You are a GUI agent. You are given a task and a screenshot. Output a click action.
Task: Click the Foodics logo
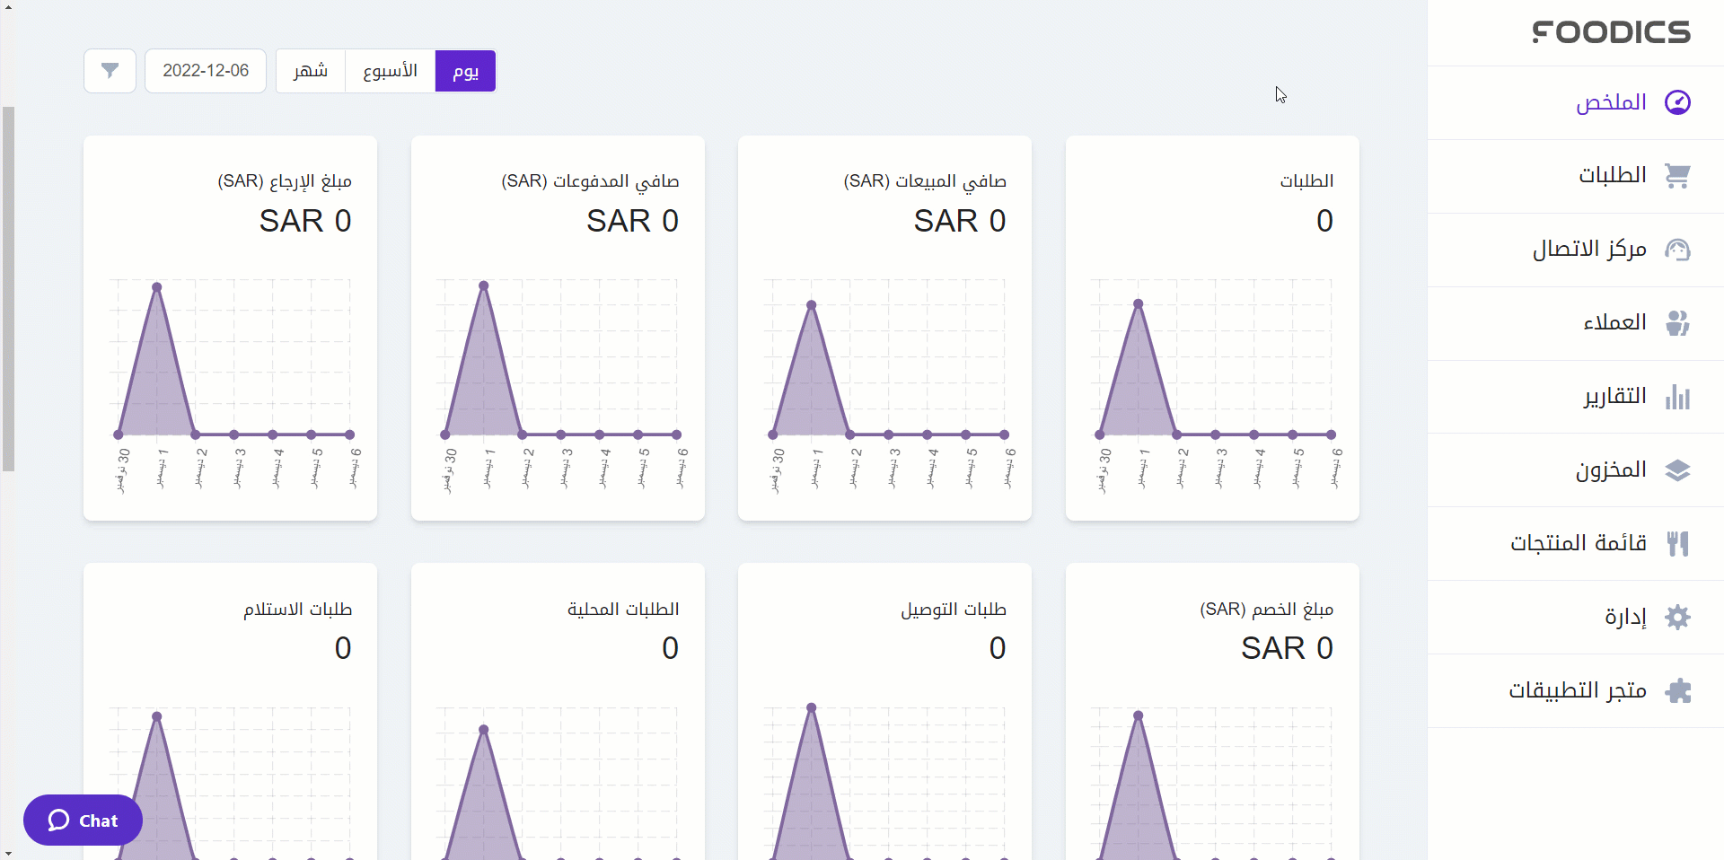(1611, 32)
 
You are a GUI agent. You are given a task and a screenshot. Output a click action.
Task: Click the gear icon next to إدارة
(1677, 617)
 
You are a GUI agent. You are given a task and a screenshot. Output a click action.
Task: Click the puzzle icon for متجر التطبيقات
(1677, 690)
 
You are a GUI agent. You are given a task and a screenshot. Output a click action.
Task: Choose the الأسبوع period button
(390, 71)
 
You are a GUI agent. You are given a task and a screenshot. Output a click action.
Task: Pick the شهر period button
(311, 71)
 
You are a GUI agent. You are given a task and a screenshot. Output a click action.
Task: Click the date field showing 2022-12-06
(206, 71)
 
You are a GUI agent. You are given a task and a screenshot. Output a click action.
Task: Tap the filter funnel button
(110, 71)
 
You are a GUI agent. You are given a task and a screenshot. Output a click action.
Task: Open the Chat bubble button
(83, 821)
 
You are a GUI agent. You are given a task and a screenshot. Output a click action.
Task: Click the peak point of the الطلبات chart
(1139, 303)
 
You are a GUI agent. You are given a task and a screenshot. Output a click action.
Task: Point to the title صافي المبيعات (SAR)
(924, 181)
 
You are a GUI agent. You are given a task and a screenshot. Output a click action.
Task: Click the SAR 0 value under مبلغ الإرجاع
(304, 221)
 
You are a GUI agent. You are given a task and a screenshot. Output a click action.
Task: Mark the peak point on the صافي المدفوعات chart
(484, 285)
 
